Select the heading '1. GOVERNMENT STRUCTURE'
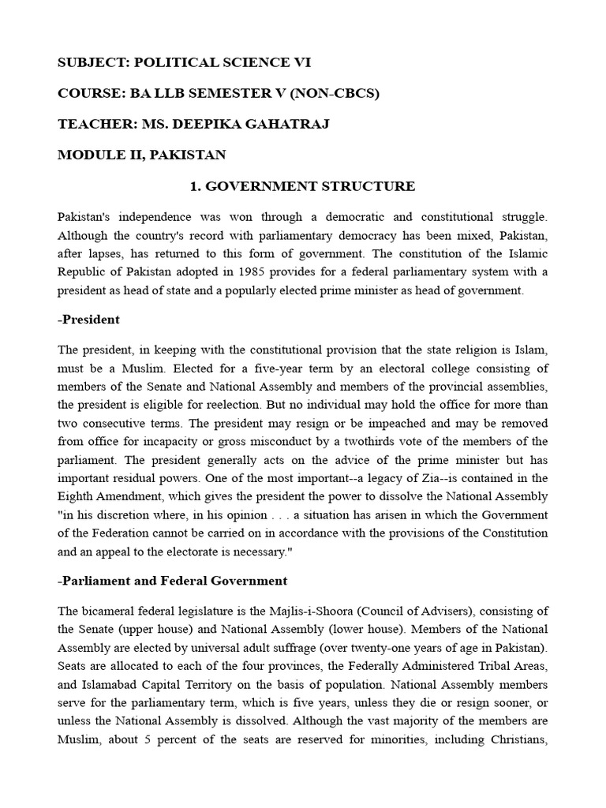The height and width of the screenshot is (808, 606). (x=302, y=186)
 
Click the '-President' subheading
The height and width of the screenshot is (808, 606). (x=88, y=320)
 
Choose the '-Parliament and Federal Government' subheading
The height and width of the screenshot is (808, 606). (x=172, y=581)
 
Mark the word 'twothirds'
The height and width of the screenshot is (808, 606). (x=389, y=442)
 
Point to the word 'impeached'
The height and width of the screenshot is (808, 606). (x=353, y=423)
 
